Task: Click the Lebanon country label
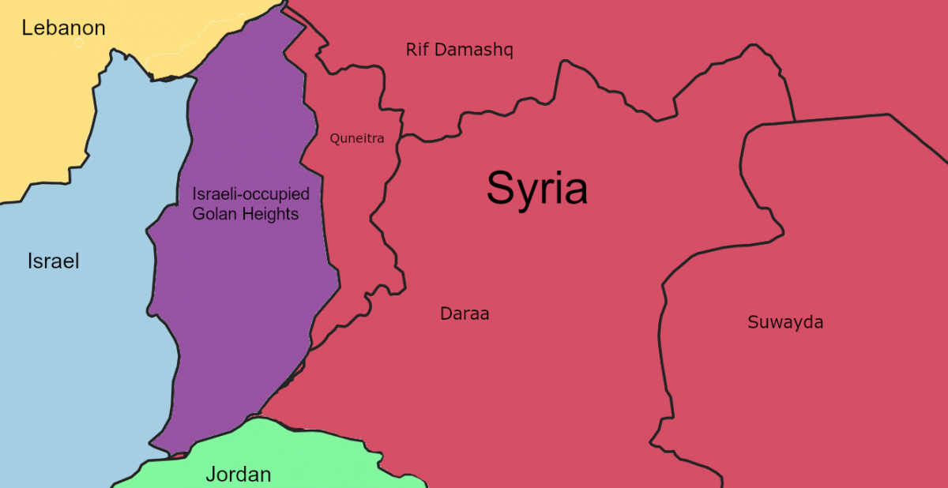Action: [63, 28]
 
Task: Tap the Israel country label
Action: [53, 261]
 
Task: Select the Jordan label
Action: [238, 475]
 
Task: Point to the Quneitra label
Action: [357, 139]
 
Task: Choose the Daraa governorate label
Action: [465, 314]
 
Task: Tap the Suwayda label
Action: [785, 322]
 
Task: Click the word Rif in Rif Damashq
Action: [419, 51]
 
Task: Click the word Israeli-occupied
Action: [251, 194]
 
